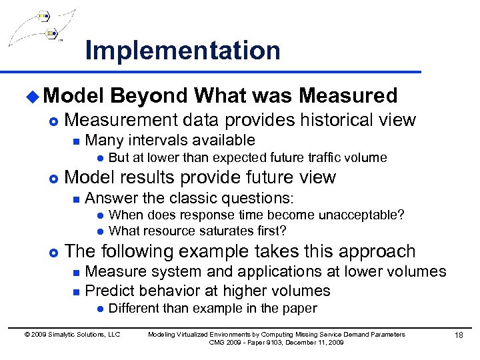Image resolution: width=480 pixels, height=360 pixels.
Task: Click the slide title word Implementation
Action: tap(183, 51)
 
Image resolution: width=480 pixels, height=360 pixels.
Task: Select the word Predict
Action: tap(110, 291)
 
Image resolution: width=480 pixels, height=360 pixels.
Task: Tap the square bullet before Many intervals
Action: tap(76, 141)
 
